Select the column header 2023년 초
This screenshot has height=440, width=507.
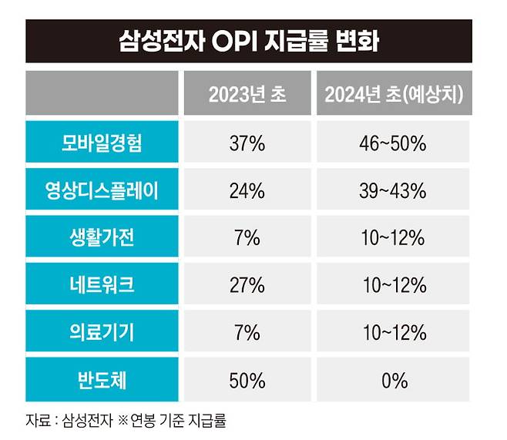(247, 95)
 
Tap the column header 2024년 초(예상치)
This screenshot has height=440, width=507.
(394, 95)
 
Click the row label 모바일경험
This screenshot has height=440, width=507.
(102, 143)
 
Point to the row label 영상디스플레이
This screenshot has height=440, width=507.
(102, 190)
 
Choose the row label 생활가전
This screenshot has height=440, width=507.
(102, 237)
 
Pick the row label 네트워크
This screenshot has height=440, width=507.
(102, 285)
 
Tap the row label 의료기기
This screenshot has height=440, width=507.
(102, 332)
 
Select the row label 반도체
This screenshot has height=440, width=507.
(102, 380)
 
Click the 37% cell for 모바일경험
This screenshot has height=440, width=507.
(247, 143)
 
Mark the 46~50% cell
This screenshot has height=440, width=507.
(395, 143)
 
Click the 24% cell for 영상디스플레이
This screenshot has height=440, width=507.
(247, 190)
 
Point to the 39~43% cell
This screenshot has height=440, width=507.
(395, 190)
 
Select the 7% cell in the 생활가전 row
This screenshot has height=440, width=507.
(247, 237)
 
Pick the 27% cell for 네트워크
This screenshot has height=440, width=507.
(247, 285)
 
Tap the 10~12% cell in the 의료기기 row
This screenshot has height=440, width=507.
(395, 332)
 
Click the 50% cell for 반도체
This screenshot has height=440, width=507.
(247, 380)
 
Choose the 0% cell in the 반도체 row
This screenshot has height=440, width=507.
(395, 380)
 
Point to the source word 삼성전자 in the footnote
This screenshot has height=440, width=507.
(86, 422)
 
